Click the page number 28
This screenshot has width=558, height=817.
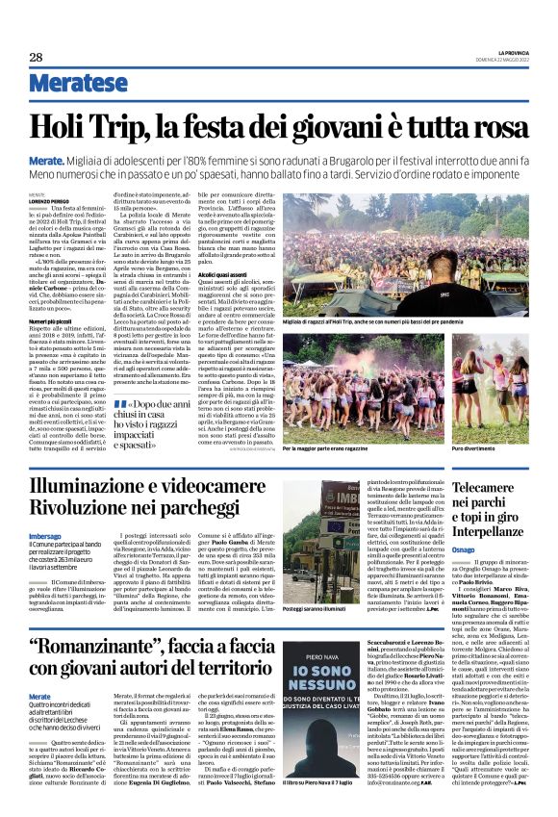(36, 58)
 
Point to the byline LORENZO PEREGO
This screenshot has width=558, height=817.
(44, 199)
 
